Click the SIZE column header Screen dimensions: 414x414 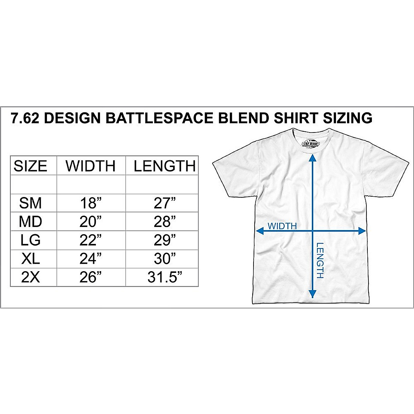pyautogui.click(x=30, y=166)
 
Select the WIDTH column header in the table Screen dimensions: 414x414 pyautogui.click(x=91, y=166)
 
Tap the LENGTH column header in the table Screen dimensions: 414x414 pyautogui.click(x=165, y=166)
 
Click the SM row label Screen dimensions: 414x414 pyautogui.click(x=30, y=203)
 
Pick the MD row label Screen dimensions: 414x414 pyautogui.click(x=30, y=222)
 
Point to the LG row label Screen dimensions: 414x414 pyautogui.click(x=30, y=240)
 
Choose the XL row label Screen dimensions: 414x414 pyautogui.click(x=30, y=259)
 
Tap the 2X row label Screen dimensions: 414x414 pyautogui.click(x=30, y=277)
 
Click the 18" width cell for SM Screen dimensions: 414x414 pyautogui.click(x=91, y=203)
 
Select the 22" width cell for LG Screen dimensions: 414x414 pyautogui.click(x=91, y=240)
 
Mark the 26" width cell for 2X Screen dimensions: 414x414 pyautogui.click(x=91, y=277)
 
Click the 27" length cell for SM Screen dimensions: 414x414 pyautogui.click(x=165, y=203)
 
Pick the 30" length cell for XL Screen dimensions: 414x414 pyautogui.click(x=165, y=259)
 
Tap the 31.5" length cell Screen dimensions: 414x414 pyautogui.click(x=165, y=277)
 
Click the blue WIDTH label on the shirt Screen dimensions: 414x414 pyautogui.click(x=282, y=226)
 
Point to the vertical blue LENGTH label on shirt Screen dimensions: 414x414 pyautogui.click(x=320, y=261)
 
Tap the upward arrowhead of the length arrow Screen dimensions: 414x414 pyautogui.click(x=312, y=158)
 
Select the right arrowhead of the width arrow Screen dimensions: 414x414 pyautogui.click(x=362, y=231)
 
